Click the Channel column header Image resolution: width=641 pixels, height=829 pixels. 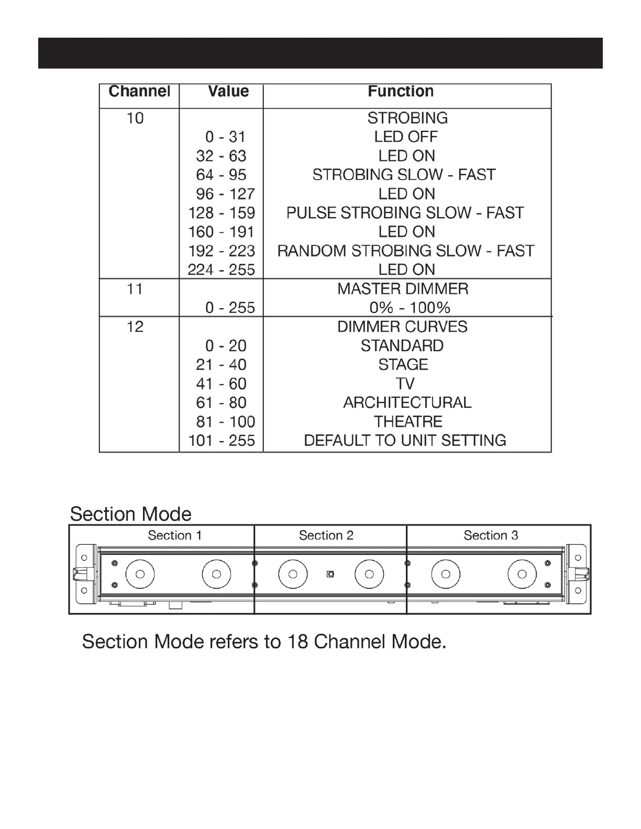pos(139,92)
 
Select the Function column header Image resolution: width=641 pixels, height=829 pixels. pos(401,92)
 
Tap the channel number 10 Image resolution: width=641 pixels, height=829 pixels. pos(135,118)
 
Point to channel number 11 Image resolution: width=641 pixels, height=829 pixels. pos(135,289)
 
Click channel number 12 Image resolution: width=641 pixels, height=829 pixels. pos(135,327)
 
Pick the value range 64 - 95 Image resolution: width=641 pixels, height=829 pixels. pos(221,175)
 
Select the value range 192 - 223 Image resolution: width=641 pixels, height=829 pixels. pos(221,251)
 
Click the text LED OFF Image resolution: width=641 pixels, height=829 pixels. pos(406,137)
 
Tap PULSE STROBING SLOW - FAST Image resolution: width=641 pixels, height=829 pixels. pos(405,213)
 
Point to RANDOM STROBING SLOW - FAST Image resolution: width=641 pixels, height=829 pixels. pos(406,251)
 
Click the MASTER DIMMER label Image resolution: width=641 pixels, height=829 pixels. pos(403,289)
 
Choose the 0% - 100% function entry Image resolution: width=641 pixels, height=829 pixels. pos(403,308)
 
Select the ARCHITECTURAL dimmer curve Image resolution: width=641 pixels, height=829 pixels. pos(407,403)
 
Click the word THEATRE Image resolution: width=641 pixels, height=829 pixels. pos(408,422)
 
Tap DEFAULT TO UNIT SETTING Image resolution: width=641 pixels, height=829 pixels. pos(405,441)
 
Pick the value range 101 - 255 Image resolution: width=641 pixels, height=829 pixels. pos(221,441)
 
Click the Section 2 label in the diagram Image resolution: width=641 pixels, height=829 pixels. pos(326,535)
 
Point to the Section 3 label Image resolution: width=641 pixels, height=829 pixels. pos(491,535)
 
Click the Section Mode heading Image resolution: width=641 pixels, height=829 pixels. pos(131,514)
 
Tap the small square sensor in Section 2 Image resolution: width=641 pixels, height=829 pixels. pos(330,574)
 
